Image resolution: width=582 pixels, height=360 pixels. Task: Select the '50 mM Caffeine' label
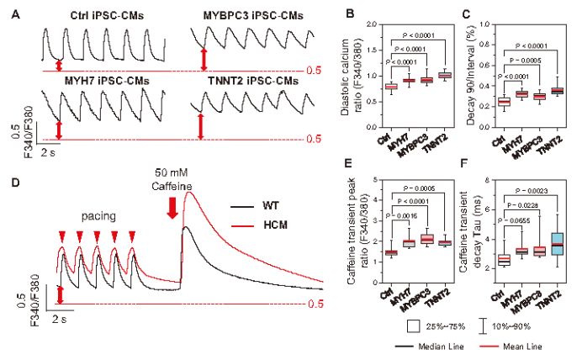(x=173, y=179)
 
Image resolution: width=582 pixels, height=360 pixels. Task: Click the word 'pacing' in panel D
(x=99, y=214)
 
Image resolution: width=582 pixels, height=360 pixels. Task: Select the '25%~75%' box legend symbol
(x=415, y=322)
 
